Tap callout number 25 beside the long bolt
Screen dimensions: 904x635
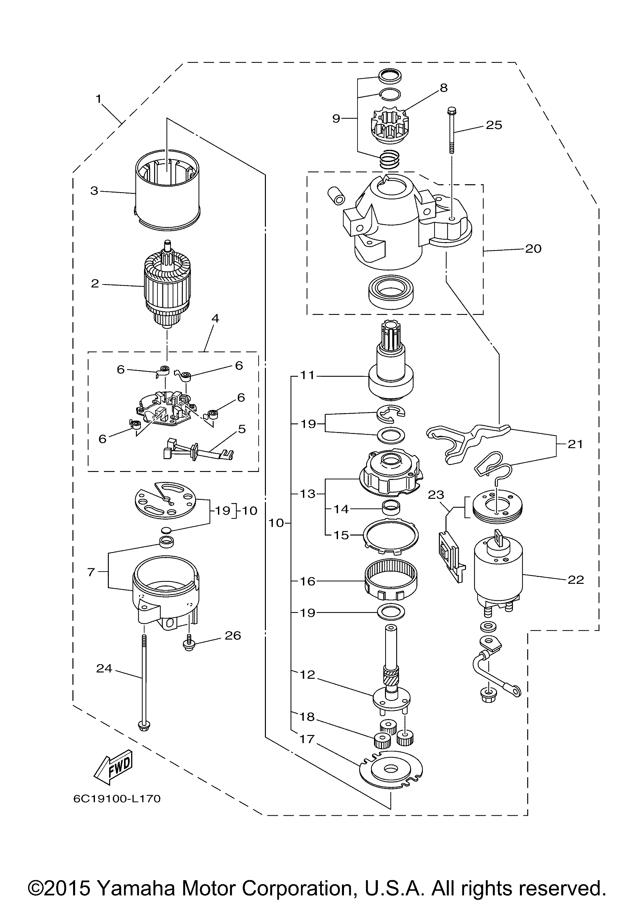pyautogui.click(x=494, y=125)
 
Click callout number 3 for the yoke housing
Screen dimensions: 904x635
pyautogui.click(x=94, y=191)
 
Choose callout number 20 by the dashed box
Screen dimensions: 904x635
pyautogui.click(x=533, y=249)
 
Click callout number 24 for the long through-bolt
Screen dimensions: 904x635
pyautogui.click(x=104, y=668)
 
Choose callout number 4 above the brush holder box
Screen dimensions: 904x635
pyautogui.click(x=215, y=318)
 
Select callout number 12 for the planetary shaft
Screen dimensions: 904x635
pyautogui.click(x=308, y=675)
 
